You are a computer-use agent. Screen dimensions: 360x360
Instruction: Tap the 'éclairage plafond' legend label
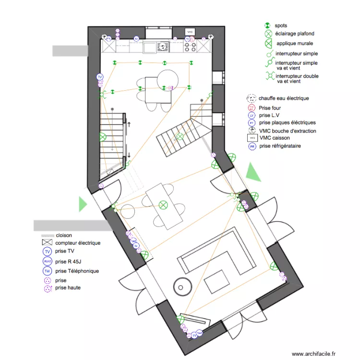coord(295,34)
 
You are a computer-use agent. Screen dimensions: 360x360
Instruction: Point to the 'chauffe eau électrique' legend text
coord(283,98)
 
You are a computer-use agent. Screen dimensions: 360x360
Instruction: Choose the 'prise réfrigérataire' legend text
coord(280,146)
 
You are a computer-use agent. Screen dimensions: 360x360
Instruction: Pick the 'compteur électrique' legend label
coord(78,243)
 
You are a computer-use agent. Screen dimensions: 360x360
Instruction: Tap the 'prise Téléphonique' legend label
coord(77,271)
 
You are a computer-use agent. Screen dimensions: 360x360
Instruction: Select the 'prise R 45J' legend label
coord(69,262)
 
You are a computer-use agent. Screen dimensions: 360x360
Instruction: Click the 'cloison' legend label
coord(64,236)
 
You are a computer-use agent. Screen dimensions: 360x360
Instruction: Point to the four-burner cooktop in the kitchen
coord(189,47)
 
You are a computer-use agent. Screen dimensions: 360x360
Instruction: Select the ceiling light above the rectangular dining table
coord(163,204)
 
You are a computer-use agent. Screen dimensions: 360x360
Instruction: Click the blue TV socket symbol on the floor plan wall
coord(100,77)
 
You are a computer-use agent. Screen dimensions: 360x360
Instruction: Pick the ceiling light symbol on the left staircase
coord(103,137)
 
